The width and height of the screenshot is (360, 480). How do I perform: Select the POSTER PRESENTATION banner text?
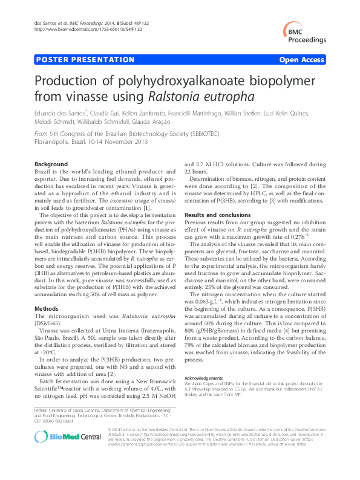point(85,60)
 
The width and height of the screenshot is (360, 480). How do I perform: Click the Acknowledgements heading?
point(203,377)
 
